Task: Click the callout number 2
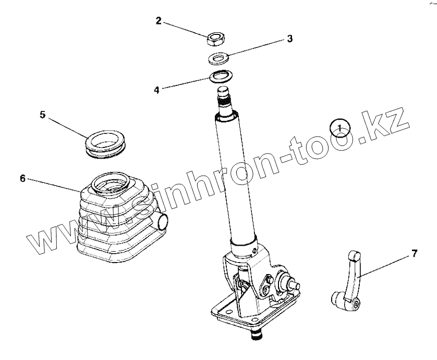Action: (159, 21)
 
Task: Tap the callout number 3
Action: (290, 39)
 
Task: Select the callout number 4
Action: (156, 90)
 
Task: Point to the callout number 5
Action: (42, 115)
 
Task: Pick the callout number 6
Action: (22, 178)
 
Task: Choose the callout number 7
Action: (415, 254)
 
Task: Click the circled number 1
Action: (339, 128)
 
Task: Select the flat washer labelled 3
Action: (218, 59)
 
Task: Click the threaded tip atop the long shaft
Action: (225, 99)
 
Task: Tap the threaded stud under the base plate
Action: (256, 336)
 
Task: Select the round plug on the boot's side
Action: (162, 221)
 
